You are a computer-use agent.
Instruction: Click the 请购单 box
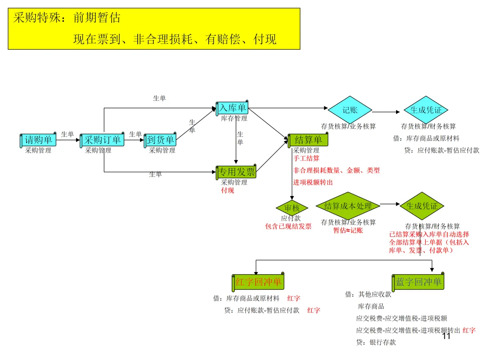38,140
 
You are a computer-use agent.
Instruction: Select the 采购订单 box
102,140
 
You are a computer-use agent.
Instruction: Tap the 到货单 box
160,140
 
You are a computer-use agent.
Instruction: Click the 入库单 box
232,108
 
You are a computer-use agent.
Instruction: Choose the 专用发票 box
236,172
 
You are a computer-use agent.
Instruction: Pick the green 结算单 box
308,140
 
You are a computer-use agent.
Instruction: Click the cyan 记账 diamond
350,110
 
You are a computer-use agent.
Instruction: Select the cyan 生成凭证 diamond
426,110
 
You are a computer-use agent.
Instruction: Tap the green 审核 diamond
292,208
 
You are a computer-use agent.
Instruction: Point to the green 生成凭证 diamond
422,206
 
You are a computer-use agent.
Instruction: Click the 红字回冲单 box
258,282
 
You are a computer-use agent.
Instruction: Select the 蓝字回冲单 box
418,282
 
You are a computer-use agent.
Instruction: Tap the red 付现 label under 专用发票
228,190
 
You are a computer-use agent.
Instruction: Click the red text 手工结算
306,158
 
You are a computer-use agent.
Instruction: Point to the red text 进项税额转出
312,182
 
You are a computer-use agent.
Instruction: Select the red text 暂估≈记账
348,230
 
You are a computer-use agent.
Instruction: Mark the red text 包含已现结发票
288,226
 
